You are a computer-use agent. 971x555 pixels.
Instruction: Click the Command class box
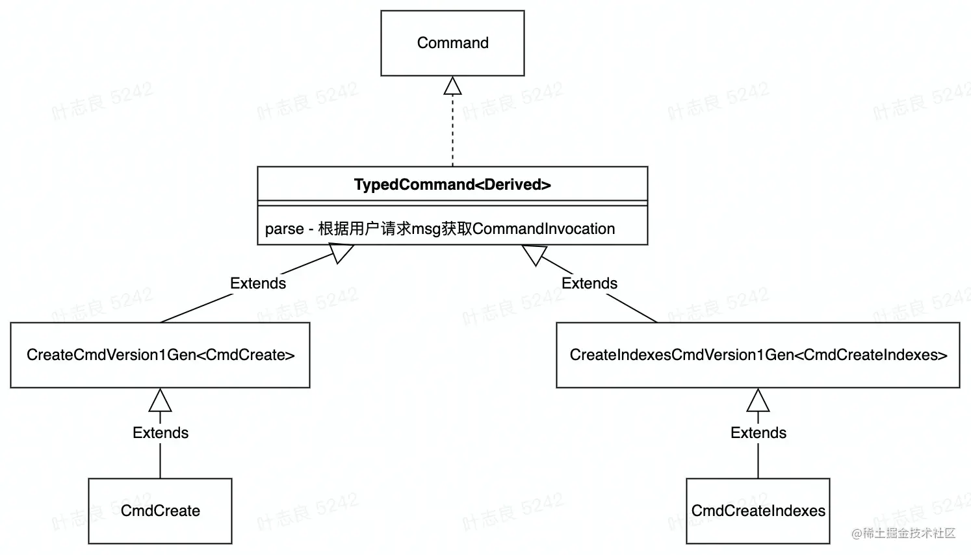coord(452,43)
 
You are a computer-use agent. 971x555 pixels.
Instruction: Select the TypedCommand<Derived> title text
coord(452,185)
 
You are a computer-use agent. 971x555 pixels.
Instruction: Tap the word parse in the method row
coord(285,229)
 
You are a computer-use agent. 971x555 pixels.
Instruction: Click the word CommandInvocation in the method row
coord(543,229)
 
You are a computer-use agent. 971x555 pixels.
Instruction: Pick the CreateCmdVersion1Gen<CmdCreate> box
coord(160,355)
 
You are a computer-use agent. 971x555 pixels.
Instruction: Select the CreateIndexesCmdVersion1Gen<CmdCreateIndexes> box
coord(758,355)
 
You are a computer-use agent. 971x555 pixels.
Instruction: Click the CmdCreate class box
coord(160,511)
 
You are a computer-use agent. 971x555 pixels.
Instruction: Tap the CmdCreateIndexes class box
coord(758,511)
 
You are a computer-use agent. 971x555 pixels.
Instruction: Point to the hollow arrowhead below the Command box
coord(452,86)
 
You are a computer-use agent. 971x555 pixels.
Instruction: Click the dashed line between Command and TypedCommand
coord(452,130)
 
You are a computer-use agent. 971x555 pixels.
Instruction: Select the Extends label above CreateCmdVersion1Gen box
coord(258,283)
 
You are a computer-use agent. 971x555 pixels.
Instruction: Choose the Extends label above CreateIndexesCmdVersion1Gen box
coord(589,283)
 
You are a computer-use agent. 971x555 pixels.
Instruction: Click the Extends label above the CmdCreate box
coord(161,433)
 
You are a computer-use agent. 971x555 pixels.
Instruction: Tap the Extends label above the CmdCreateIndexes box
coord(758,433)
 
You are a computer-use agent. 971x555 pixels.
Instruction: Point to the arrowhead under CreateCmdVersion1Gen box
coord(160,401)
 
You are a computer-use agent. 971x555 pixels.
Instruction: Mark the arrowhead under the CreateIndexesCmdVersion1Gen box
coord(758,401)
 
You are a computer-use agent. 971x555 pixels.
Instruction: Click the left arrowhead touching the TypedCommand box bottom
coord(341,252)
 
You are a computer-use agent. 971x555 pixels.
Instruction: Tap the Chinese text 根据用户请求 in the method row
coord(357,229)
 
